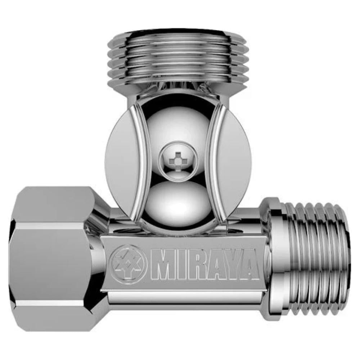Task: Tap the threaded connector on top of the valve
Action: click(x=177, y=58)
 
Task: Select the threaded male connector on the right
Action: click(x=317, y=259)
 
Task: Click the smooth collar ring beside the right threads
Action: click(x=275, y=259)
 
